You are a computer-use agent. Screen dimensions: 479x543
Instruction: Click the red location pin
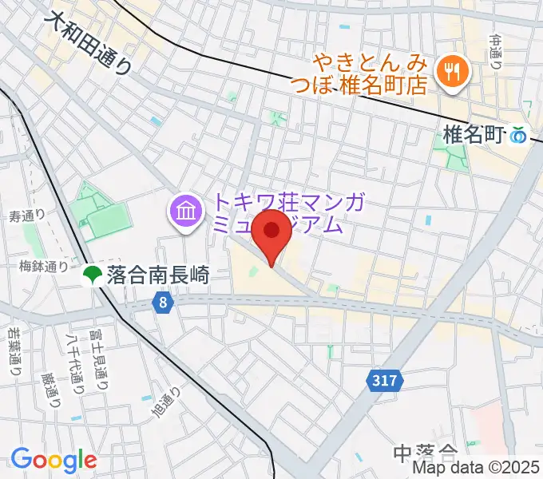pyautogui.click(x=271, y=232)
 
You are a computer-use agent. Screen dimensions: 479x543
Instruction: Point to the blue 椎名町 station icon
pyautogui.click(x=520, y=137)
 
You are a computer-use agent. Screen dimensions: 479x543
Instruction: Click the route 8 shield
pyautogui.click(x=163, y=303)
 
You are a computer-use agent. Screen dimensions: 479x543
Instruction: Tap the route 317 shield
pyautogui.click(x=385, y=382)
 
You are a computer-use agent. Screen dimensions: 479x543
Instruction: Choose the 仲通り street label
pyautogui.click(x=496, y=51)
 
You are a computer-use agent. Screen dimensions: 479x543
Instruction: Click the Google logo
pyautogui.click(x=54, y=460)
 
